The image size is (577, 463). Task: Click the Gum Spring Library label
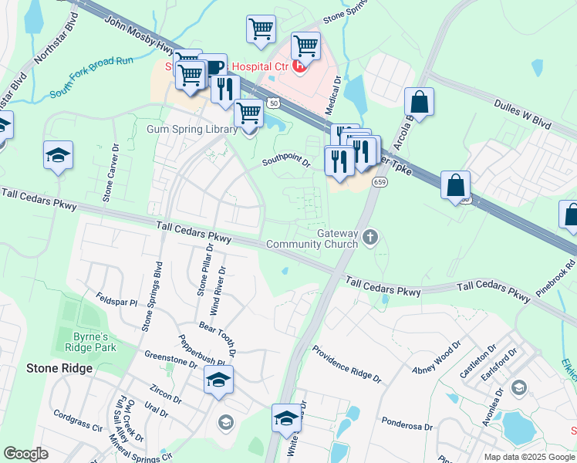pos(192,129)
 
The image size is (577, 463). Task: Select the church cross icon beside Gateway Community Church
pos(371,236)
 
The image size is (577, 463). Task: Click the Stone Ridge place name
pos(59,368)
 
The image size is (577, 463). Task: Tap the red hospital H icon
pos(299,67)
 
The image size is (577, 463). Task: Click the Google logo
pos(25,454)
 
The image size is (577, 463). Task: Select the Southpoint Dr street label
pos(285,162)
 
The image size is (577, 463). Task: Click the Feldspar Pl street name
pos(115,300)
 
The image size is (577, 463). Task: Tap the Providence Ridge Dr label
pos(346,363)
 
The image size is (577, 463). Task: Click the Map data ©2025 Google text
pos(529,457)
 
